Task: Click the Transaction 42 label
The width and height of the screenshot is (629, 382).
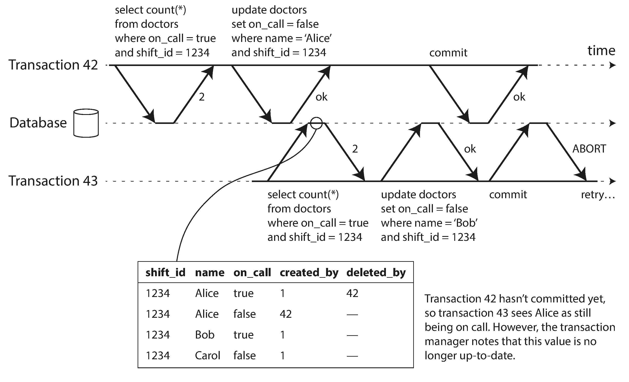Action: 53,65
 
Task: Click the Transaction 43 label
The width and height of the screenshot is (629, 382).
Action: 53,181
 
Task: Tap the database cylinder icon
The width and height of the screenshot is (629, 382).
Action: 86,123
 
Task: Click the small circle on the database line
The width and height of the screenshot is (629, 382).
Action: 316,123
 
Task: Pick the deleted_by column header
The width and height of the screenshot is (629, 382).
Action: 376,273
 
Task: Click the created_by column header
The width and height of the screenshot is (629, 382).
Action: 309,273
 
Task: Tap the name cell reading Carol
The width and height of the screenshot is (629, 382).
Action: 207,355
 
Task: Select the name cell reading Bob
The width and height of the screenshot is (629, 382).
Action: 204,335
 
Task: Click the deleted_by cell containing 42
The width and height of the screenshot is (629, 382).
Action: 352,293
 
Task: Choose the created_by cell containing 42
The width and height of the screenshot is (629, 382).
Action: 286,314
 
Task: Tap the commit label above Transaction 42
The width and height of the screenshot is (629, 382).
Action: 448,53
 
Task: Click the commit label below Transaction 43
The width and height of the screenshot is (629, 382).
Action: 508,194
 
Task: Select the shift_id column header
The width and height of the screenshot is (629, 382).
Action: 165,273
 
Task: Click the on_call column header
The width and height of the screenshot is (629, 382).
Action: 252,273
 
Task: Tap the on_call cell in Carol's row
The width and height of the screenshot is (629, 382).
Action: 244,355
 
